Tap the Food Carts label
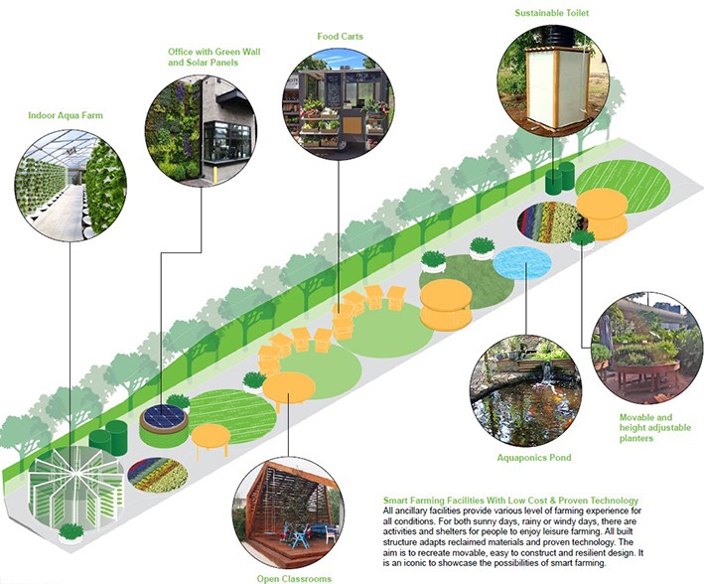pyautogui.click(x=340, y=37)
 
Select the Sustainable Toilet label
pyautogui.click(x=551, y=13)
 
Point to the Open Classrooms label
pyautogui.click(x=292, y=577)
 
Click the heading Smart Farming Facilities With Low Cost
pyautogui.click(x=509, y=499)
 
